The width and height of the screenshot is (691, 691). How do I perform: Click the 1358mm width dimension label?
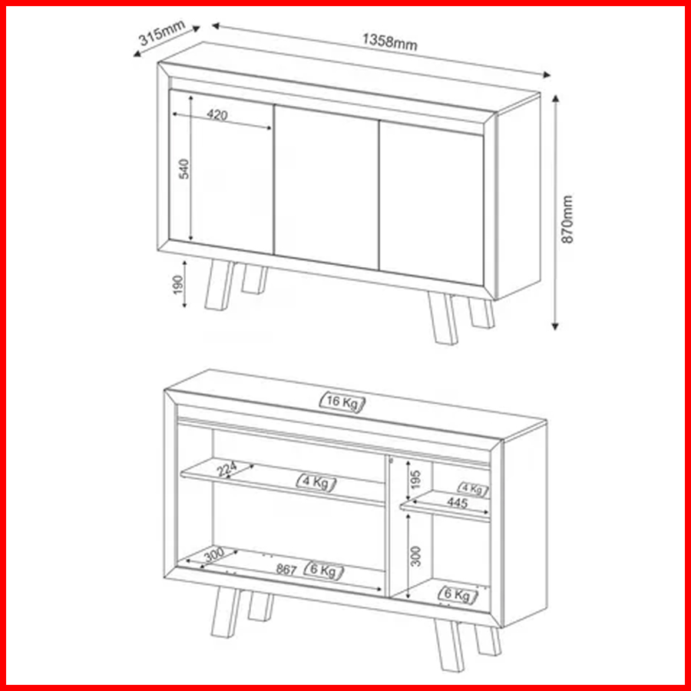(389, 42)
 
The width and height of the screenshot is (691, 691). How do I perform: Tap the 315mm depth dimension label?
(162, 33)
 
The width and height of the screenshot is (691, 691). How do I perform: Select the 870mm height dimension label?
(567, 219)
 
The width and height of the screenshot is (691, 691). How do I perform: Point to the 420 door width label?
(217, 114)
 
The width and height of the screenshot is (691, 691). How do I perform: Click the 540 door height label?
(183, 169)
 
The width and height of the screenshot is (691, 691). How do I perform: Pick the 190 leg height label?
(177, 285)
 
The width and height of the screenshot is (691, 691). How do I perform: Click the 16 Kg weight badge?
(342, 402)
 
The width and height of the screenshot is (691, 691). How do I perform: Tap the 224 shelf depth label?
(227, 469)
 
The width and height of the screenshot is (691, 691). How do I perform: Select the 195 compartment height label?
(415, 479)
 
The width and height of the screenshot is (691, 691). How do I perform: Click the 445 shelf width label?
(457, 502)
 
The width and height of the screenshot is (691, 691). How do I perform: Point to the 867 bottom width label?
(286, 570)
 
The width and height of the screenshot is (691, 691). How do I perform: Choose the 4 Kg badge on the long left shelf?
(316, 483)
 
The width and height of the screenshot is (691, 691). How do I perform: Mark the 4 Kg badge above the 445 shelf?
(473, 489)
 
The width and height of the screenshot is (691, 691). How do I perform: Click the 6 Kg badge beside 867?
(324, 570)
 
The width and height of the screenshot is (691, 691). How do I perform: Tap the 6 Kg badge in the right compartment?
(458, 594)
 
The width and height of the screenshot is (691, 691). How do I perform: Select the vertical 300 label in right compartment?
(415, 556)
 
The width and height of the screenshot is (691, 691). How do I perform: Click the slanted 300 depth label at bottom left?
(214, 554)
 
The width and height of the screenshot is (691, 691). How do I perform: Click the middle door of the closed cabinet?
(326, 187)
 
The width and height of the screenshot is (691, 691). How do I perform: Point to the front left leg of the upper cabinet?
(220, 285)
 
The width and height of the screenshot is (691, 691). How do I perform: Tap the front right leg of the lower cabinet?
(448, 646)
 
